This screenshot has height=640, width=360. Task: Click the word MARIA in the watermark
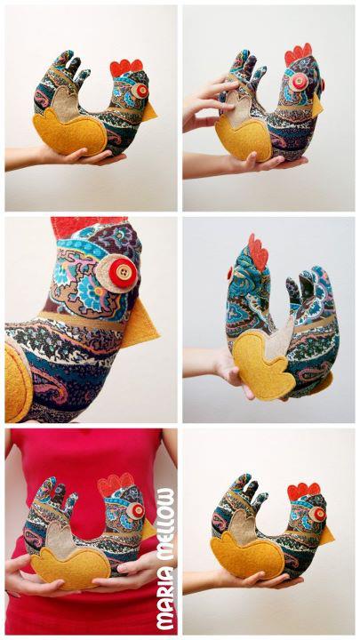tap(167, 599)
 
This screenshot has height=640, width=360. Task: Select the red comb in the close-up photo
tap(88, 227)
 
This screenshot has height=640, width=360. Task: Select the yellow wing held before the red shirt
tap(71, 567)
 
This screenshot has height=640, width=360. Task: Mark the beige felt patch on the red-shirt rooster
tap(60, 537)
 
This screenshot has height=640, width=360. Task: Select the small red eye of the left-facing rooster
tap(230, 273)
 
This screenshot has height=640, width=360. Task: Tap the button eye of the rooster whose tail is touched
tap(299, 82)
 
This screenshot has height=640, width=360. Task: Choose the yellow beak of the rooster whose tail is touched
tap(317, 105)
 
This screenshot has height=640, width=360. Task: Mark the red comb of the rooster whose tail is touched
tap(299, 53)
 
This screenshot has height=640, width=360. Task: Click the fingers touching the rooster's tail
tap(212, 102)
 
